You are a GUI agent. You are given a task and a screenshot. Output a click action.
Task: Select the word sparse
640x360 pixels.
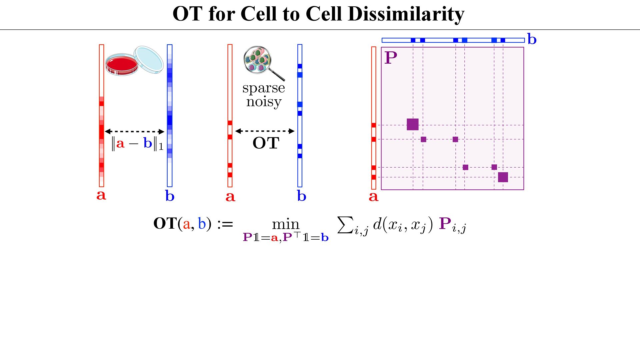click(263, 88)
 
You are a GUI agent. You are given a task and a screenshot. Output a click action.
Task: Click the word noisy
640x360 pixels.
click(264, 102)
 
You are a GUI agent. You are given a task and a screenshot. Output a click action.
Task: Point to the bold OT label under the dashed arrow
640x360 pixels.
click(266, 143)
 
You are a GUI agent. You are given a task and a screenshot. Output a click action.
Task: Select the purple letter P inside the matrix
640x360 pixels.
click(391, 58)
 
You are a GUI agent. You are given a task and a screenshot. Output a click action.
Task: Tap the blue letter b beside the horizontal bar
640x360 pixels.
click(532, 39)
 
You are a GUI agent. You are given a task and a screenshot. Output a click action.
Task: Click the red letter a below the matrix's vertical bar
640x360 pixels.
click(373, 197)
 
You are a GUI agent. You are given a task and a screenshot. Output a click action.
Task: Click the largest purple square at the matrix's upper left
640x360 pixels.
click(413, 124)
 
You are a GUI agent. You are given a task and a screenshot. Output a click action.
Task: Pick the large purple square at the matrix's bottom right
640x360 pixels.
click(503, 177)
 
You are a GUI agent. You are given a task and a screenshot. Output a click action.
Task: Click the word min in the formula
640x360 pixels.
click(286, 224)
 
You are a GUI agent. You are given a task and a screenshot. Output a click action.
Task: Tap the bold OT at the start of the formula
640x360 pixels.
click(165, 223)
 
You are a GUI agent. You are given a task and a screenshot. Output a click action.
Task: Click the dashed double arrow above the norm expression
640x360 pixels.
click(135, 131)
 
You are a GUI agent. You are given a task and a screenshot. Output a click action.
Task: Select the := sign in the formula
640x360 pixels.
click(225, 224)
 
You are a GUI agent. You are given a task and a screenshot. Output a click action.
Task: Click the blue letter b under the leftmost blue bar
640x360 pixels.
click(170, 196)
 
